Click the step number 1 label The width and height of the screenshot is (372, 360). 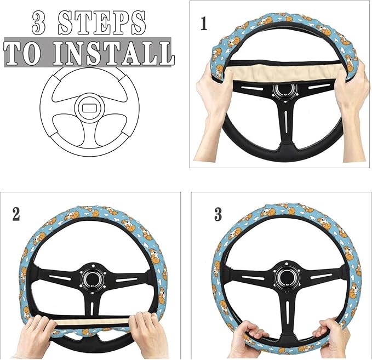pos(204,24)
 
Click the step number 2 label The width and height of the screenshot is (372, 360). pos(16,214)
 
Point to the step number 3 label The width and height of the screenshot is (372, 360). pos(218,214)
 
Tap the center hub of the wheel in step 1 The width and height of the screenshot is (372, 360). pos(284,91)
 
